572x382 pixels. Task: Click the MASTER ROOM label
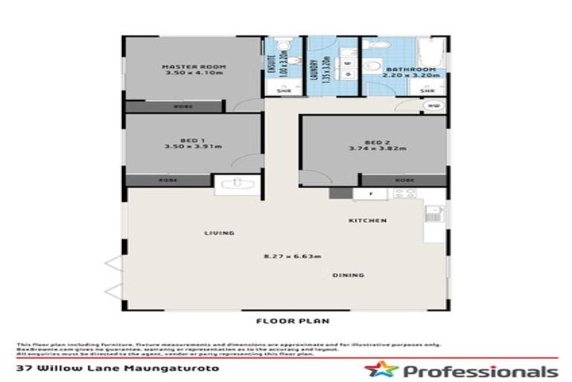pos(194,67)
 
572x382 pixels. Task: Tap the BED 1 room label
pos(194,140)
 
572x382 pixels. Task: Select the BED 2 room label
pos(378,142)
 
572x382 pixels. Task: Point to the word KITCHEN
pos(368,221)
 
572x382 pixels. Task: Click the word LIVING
pos(220,233)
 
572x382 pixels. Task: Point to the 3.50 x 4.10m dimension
pos(194,75)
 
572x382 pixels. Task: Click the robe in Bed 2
pos(404,180)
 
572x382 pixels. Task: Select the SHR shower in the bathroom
pos(429,90)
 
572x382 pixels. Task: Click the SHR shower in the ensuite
pos(282,90)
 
